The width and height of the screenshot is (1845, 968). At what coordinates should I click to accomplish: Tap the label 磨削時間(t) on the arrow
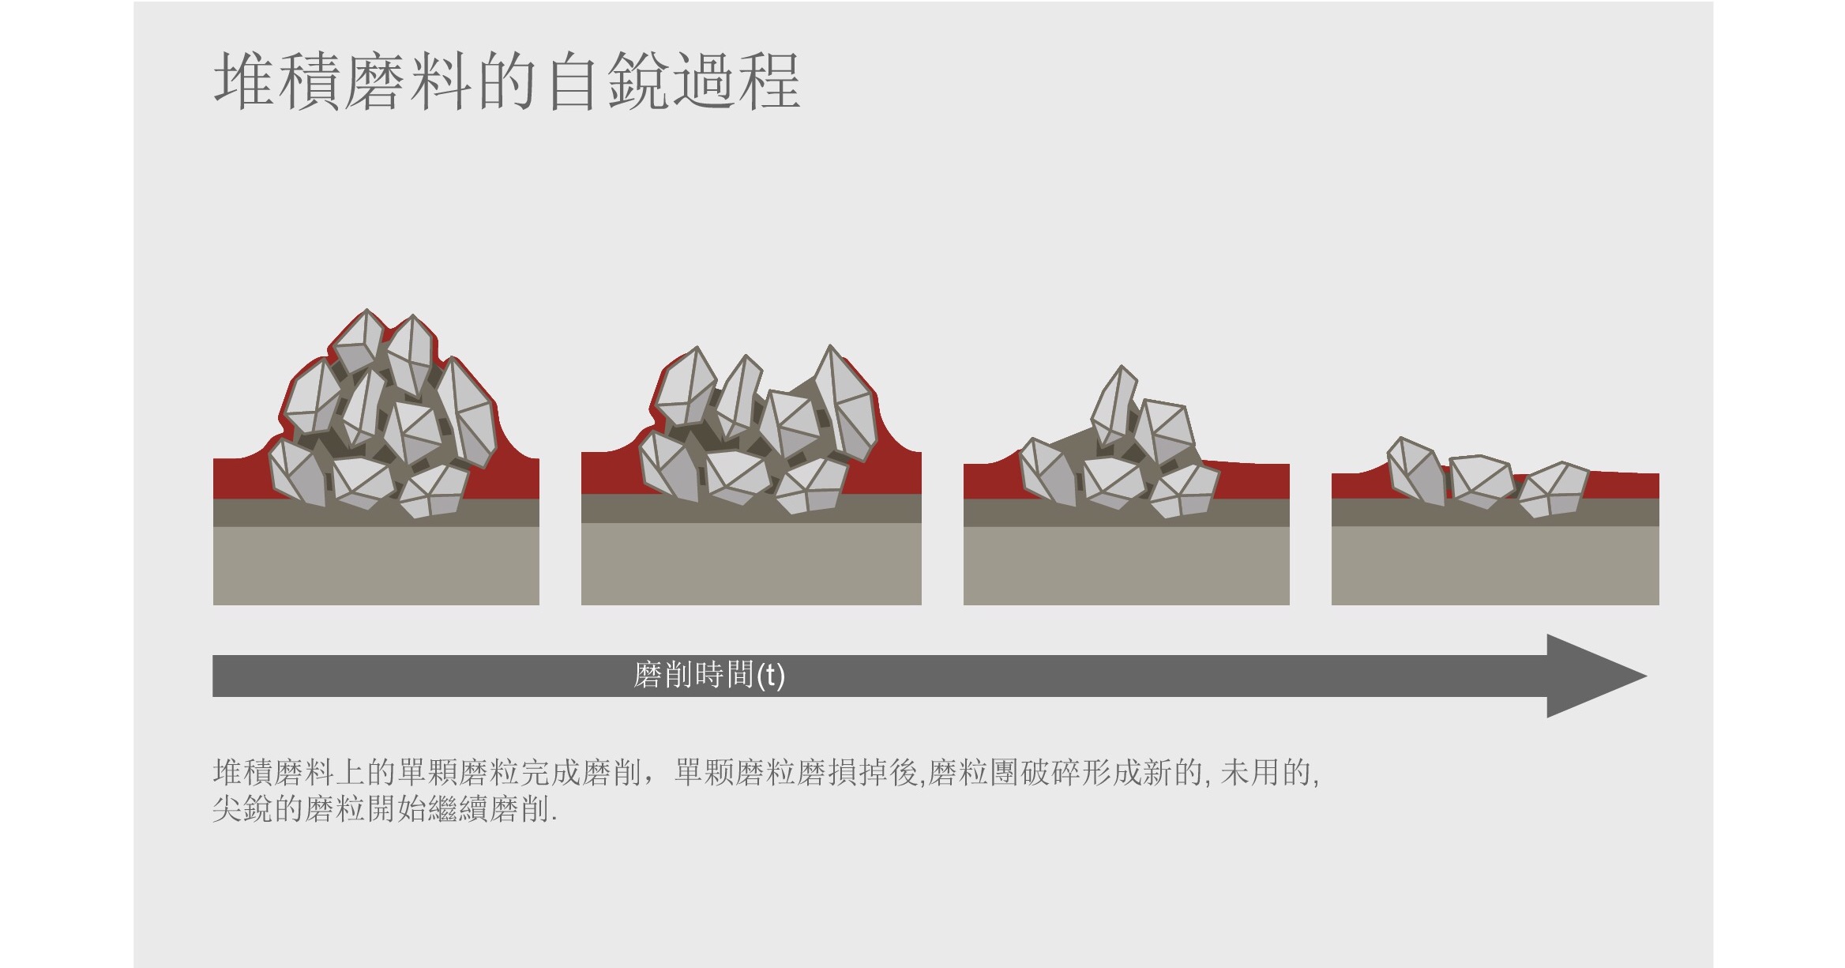pos(709,676)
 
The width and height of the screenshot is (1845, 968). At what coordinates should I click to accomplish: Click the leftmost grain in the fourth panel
pos(1417,471)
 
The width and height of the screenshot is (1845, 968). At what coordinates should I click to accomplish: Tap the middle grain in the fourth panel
pos(1481,481)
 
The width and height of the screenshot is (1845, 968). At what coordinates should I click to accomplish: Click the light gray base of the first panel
pos(376,566)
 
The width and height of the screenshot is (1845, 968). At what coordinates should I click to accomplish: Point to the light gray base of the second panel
pos(751,564)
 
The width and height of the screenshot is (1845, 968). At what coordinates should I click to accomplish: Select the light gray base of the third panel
pos(1126,566)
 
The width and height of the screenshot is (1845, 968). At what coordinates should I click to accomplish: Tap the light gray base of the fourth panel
pos(1495,566)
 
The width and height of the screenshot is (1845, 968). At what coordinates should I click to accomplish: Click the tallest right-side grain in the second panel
pos(845,403)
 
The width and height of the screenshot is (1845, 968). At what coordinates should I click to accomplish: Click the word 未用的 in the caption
pos(1265,773)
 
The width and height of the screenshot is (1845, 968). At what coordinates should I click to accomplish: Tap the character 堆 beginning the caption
pos(228,773)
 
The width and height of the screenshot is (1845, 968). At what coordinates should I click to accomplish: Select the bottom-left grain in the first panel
pos(299,473)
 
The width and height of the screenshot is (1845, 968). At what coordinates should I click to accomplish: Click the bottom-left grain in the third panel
pos(1048,472)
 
